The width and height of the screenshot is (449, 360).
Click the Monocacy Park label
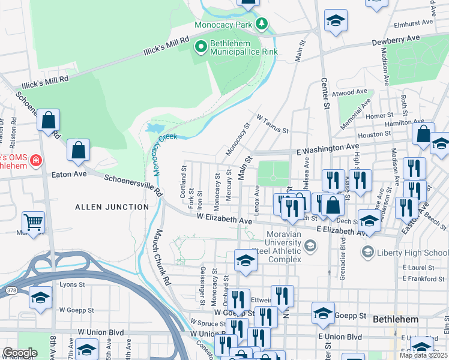223,25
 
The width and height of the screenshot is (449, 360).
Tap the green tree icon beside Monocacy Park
261,25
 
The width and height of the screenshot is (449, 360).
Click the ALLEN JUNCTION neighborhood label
112,207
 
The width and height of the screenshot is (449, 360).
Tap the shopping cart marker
34,223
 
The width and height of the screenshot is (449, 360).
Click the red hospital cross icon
35,161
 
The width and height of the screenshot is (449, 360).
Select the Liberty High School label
414,253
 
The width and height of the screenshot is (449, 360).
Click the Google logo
19,353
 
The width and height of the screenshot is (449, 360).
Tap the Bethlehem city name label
396,319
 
